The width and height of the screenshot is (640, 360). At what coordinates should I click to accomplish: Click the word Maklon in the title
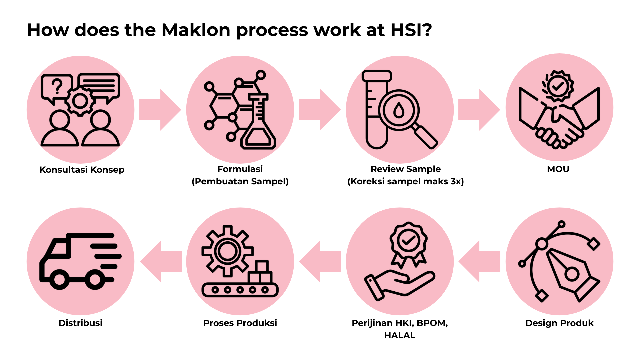[196, 30]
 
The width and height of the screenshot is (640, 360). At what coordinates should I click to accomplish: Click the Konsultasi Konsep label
[82, 170]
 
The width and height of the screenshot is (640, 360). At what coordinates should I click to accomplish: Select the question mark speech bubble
[57, 87]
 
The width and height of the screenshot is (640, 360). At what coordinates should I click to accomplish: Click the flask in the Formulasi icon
[258, 127]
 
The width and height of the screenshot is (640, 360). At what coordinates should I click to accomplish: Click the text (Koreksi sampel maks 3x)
[406, 181]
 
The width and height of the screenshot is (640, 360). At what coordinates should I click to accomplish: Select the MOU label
[558, 169]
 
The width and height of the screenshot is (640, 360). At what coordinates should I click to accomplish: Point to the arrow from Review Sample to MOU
[479, 110]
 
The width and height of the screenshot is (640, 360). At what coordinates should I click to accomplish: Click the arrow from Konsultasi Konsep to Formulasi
[160, 110]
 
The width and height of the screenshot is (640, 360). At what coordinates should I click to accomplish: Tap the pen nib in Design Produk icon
[572, 273]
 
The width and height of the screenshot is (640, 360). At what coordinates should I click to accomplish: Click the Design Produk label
[559, 323]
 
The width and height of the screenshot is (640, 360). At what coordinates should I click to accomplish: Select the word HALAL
[400, 335]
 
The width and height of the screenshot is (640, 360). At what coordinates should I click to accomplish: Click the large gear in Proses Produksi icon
[227, 251]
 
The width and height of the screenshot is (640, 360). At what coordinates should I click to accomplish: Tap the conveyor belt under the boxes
[240, 290]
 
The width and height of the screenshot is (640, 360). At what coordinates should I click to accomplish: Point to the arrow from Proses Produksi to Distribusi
[161, 262]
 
